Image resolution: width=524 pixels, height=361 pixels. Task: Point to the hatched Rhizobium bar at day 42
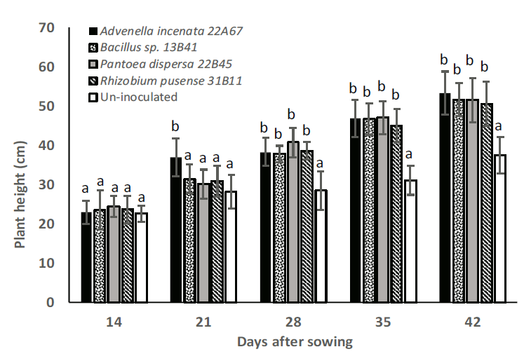tap(487, 203)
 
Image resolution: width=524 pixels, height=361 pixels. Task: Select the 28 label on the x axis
tap(293, 322)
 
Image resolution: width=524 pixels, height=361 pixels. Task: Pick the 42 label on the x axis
tap(466, 322)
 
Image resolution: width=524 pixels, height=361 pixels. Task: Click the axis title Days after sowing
tap(294, 342)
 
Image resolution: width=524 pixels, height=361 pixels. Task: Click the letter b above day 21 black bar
tap(175, 127)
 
